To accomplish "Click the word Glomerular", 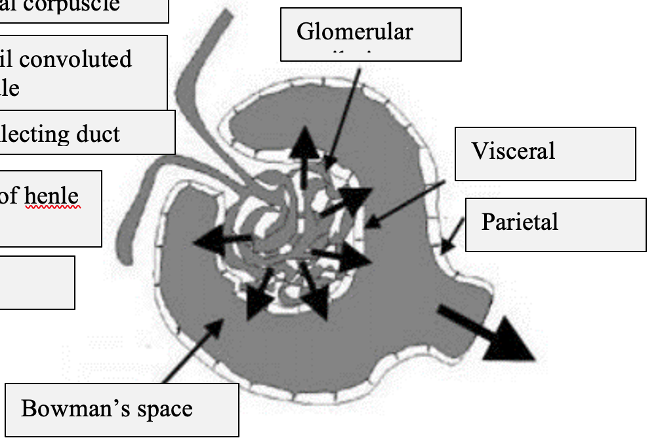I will [355, 32].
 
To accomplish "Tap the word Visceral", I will [513, 151].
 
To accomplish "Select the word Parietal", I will [520, 222].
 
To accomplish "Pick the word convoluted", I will [75, 59].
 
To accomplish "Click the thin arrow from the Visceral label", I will [403, 204].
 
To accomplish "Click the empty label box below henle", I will [36, 282].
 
